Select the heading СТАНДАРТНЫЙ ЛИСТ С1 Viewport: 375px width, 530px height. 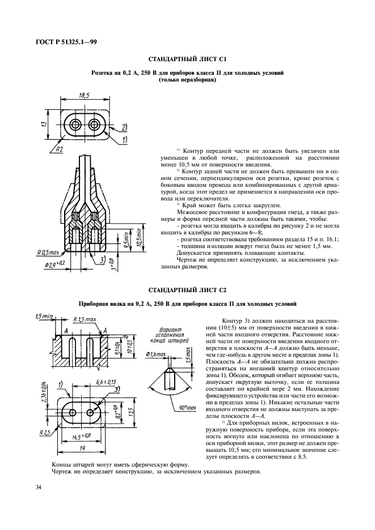(x=187, y=59)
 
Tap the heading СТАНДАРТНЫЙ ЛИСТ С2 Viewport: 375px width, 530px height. (x=187, y=290)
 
